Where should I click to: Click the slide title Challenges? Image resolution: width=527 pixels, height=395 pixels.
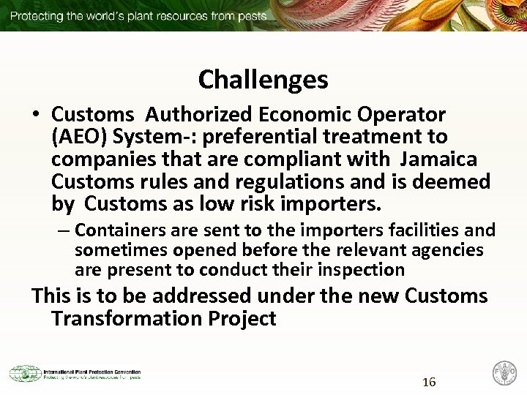point(263,79)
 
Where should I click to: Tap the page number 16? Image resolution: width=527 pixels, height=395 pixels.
point(429,382)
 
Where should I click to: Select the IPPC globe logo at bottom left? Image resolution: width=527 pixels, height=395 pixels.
point(25,374)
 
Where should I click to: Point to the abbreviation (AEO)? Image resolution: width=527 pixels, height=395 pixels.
point(79,137)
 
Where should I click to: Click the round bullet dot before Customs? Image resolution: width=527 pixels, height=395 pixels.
point(36,116)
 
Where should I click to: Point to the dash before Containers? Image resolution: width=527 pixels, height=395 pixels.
point(64,231)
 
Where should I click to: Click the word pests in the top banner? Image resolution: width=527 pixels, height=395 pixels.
point(251,15)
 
